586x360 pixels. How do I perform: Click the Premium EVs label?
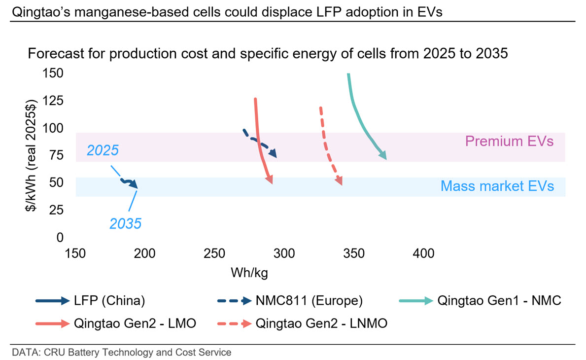tap(509, 142)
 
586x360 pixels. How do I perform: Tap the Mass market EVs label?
tap(497, 186)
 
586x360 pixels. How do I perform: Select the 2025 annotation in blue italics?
tap(103, 150)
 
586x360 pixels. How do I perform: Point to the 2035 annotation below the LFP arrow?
tap(125, 223)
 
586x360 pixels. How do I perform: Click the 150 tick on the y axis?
tap(53, 73)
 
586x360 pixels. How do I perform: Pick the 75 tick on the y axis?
tap(56, 155)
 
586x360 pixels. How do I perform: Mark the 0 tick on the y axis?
tap(60, 237)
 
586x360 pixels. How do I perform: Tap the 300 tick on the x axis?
tap(284, 253)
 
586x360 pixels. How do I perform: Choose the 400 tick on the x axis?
tap(423, 253)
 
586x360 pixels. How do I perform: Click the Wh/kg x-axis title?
tap(249, 273)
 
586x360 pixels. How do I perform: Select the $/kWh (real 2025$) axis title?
tap(31, 155)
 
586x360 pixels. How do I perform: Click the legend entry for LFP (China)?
tap(91, 300)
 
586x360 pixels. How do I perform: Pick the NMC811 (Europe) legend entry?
tap(290, 300)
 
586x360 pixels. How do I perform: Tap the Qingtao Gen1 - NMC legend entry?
tap(480, 300)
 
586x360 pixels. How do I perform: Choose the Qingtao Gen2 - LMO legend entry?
tap(116, 324)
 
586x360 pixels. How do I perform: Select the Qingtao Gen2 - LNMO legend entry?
tap(302, 324)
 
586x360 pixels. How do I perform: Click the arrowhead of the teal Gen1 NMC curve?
tap(382, 155)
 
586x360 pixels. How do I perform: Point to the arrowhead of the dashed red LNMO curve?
tap(339, 180)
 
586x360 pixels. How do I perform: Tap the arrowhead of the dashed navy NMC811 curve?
tap(273, 152)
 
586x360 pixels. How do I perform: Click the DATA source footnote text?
tap(121, 352)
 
